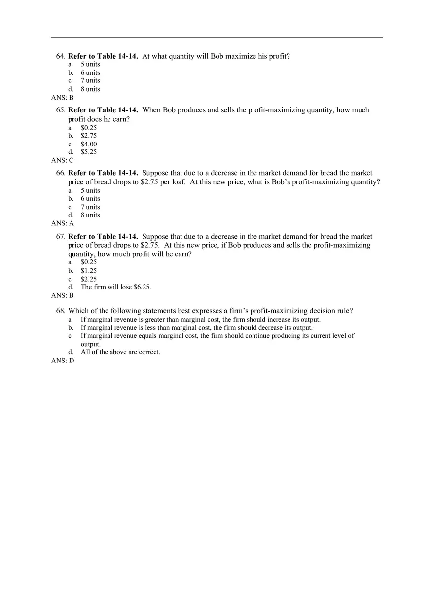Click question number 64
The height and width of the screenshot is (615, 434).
(x=61, y=56)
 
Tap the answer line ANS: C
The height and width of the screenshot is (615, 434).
(x=62, y=160)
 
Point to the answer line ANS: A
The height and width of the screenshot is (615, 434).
(x=62, y=223)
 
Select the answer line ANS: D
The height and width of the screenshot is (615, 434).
(x=62, y=361)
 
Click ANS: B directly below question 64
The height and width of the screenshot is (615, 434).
(x=62, y=98)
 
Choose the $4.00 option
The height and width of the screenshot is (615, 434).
(x=89, y=144)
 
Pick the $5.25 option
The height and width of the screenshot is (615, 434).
(x=89, y=152)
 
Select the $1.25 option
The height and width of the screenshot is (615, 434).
(x=89, y=271)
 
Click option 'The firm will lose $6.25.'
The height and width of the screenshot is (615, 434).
(x=116, y=287)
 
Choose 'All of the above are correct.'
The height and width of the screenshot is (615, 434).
(x=120, y=352)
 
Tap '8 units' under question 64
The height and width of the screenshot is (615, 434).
(x=90, y=89)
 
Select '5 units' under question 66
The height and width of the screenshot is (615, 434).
(x=90, y=191)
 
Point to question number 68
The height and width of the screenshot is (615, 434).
(x=61, y=311)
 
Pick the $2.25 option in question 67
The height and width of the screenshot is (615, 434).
(x=89, y=279)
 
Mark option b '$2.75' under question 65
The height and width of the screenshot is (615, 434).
(x=89, y=136)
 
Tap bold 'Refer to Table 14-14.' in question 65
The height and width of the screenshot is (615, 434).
(x=103, y=110)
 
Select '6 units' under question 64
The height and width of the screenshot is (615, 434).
(x=90, y=73)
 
